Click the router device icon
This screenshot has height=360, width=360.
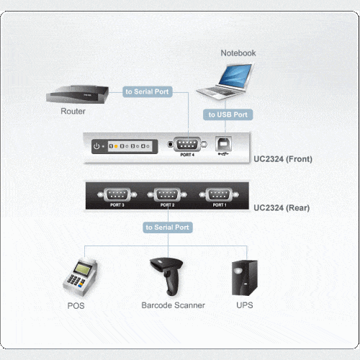(x=77, y=95)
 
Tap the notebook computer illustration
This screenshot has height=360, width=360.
(x=225, y=81)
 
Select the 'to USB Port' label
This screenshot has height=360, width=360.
(x=228, y=114)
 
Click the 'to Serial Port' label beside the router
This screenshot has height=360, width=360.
(x=148, y=91)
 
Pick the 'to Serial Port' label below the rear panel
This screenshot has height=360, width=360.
(x=168, y=228)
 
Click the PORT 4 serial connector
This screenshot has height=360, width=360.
(x=187, y=144)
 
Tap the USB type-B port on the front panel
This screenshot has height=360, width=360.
(x=223, y=143)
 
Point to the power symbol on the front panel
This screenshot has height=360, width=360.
(x=96, y=146)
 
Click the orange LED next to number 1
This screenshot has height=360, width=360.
(x=116, y=146)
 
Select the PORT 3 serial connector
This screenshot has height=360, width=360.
(x=117, y=194)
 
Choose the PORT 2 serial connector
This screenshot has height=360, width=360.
(x=167, y=194)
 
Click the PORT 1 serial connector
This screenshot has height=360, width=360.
(x=219, y=194)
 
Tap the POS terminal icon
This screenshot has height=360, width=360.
(x=80, y=277)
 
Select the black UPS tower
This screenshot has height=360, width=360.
(x=245, y=278)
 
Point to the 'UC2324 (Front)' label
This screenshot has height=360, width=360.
(x=283, y=159)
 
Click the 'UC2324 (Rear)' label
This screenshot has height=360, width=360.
(x=282, y=207)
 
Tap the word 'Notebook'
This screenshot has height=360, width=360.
(x=238, y=53)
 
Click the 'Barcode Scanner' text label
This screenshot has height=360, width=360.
(x=173, y=305)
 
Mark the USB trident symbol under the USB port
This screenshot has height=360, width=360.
(x=223, y=153)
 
